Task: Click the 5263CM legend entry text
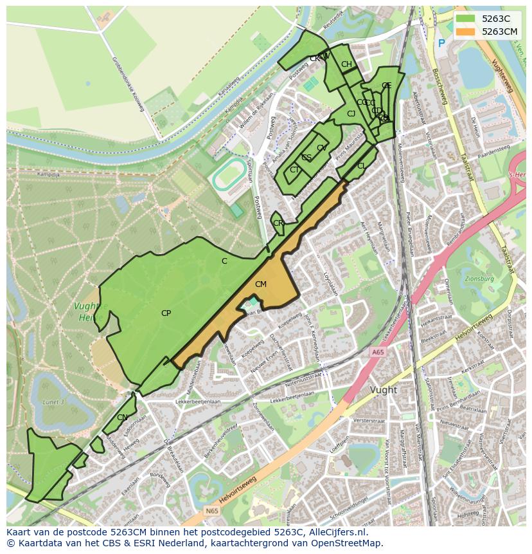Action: coord(499,31)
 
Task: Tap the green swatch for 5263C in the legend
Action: coord(466,19)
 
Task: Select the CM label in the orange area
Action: coord(260,284)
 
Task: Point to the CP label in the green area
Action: coord(166,313)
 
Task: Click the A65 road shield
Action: coord(377,352)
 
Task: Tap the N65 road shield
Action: coord(212,511)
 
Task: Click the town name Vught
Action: coord(384,390)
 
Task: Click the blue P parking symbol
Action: coord(441,43)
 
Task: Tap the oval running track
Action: coord(229,175)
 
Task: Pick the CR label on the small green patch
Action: coord(278,223)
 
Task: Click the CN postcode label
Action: coord(122,418)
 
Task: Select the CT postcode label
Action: coord(294,170)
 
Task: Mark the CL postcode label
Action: coord(361,166)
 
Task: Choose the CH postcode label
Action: coord(346,64)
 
